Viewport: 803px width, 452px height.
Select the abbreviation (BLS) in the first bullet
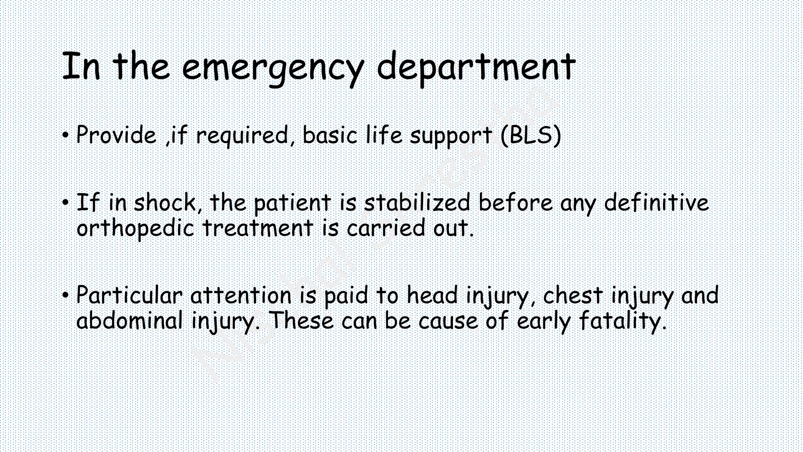click(531, 136)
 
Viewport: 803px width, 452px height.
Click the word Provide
click(116, 136)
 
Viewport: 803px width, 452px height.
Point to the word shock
click(165, 203)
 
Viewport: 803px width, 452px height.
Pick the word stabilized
click(417, 203)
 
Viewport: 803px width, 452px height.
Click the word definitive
click(656, 203)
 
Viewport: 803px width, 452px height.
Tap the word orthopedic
click(135, 229)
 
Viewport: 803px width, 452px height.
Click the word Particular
click(129, 295)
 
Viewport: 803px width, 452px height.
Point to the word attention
click(241, 295)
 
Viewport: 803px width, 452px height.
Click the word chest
click(572, 295)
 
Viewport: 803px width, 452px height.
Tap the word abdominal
click(130, 321)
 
